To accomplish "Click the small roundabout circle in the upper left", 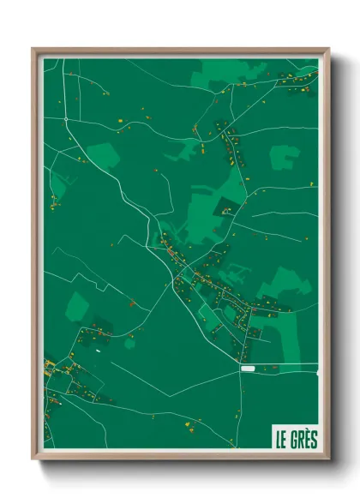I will (x=65, y=119).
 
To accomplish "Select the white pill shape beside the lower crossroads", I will (x=249, y=369).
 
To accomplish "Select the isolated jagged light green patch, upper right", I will (x=285, y=158).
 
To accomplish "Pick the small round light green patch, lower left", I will (x=129, y=343).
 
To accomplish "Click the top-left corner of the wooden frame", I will (x=33, y=49).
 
